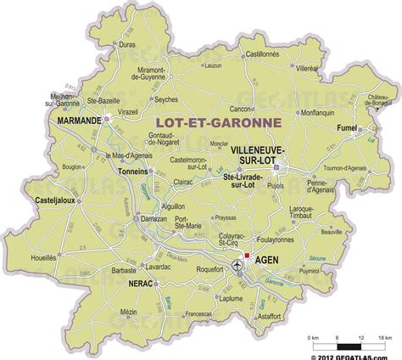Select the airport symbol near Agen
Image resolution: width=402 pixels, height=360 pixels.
pos(237,267)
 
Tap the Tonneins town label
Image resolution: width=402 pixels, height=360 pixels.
pos(132,170)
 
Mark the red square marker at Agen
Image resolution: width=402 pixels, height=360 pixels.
pos(245,255)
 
